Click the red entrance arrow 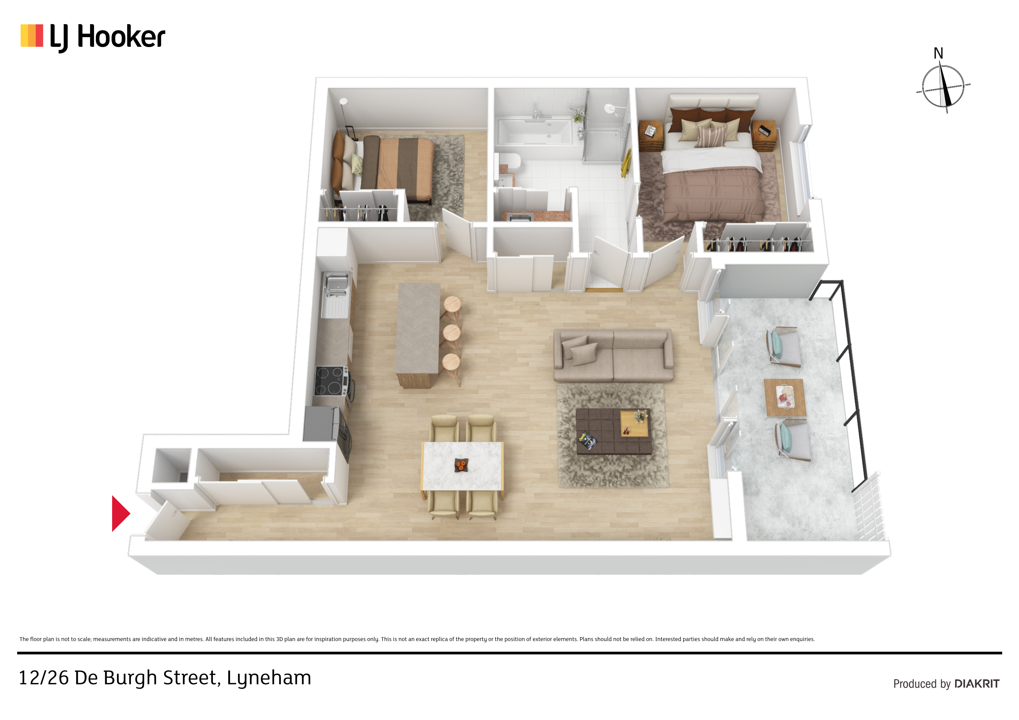point(120,513)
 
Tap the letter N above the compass point(938,53)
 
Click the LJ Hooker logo point(93,37)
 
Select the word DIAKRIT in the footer point(977,684)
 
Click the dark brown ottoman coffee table point(614,431)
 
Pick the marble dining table point(462,466)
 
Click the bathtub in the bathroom point(534,132)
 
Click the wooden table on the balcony point(785,397)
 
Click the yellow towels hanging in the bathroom point(626,163)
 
